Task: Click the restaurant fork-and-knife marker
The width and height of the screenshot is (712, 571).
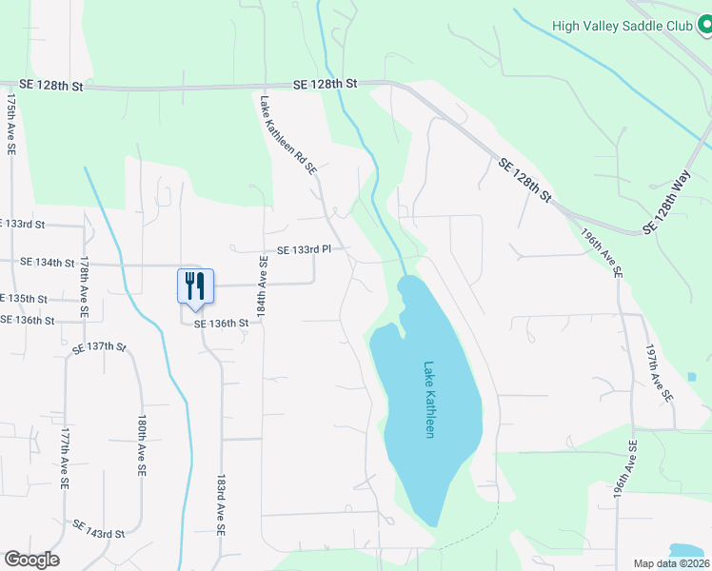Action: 195,286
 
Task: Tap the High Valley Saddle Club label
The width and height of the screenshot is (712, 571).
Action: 620,26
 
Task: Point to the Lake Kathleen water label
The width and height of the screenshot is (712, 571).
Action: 429,400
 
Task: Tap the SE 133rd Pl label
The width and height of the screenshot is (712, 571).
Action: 303,249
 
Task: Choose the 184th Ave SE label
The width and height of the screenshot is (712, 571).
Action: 264,282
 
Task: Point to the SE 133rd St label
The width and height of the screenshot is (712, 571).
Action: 23,225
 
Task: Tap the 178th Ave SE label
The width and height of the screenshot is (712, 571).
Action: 84,286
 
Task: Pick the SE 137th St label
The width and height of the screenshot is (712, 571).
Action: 99,347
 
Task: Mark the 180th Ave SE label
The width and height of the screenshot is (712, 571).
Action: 141,444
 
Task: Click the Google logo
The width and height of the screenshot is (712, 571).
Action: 31,560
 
